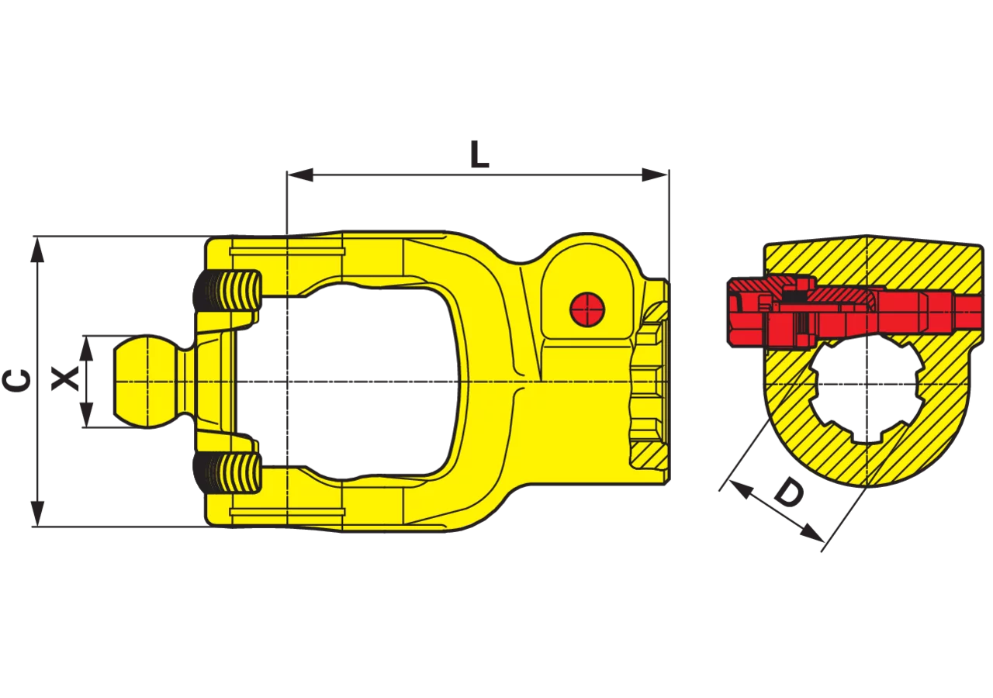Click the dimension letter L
tap(479, 154)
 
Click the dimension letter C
tap(17, 381)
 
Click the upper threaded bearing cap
tap(227, 295)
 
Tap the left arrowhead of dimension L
tap(300, 175)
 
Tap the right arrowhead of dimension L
tap(655, 175)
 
